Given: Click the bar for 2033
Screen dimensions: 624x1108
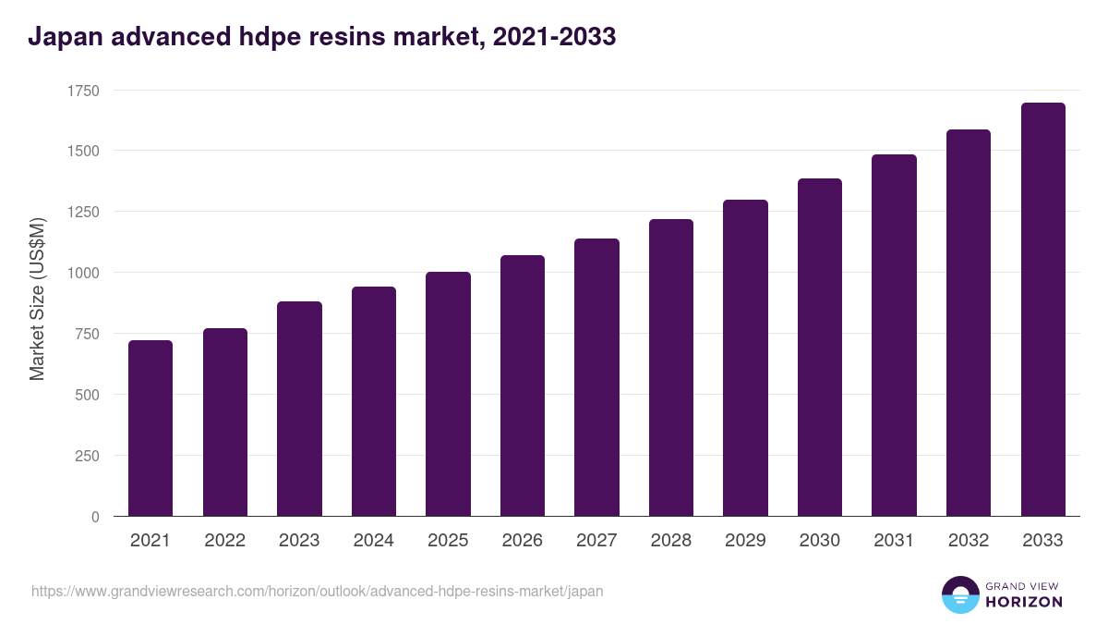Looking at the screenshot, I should pyautogui.click(x=1043, y=310).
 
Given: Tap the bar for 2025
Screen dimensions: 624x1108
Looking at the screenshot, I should pyautogui.click(x=448, y=394).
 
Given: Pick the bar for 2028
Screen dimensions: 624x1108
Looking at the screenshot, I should pyautogui.click(x=671, y=368).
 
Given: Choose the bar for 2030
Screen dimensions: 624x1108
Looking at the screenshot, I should pyautogui.click(x=820, y=348).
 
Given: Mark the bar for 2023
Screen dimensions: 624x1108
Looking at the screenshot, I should pyautogui.click(x=299, y=409).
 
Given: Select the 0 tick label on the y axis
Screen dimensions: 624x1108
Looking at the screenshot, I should pyautogui.click(x=95, y=517).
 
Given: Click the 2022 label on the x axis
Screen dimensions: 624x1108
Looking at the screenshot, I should pyautogui.click(x=225, y=541).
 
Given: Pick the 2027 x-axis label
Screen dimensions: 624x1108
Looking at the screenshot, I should pyautogui.click(x=596, y=541).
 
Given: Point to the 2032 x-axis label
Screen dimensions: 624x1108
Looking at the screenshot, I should pyautogui.click(x=969, y=541).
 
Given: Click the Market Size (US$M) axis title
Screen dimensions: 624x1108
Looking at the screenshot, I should pyautogui.click(x=37, y=300).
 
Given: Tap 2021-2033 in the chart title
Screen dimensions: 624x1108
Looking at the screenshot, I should pyautogui.click(x=554, y=38).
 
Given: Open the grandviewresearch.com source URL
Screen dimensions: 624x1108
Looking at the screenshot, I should pyautogui.click(x=317, y=591).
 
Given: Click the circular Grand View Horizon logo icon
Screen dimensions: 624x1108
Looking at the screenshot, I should pyautogui.click(x=959, y=594).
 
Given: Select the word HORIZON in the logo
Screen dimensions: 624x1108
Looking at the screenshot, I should pyautogui.click(x=1024, y=602).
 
